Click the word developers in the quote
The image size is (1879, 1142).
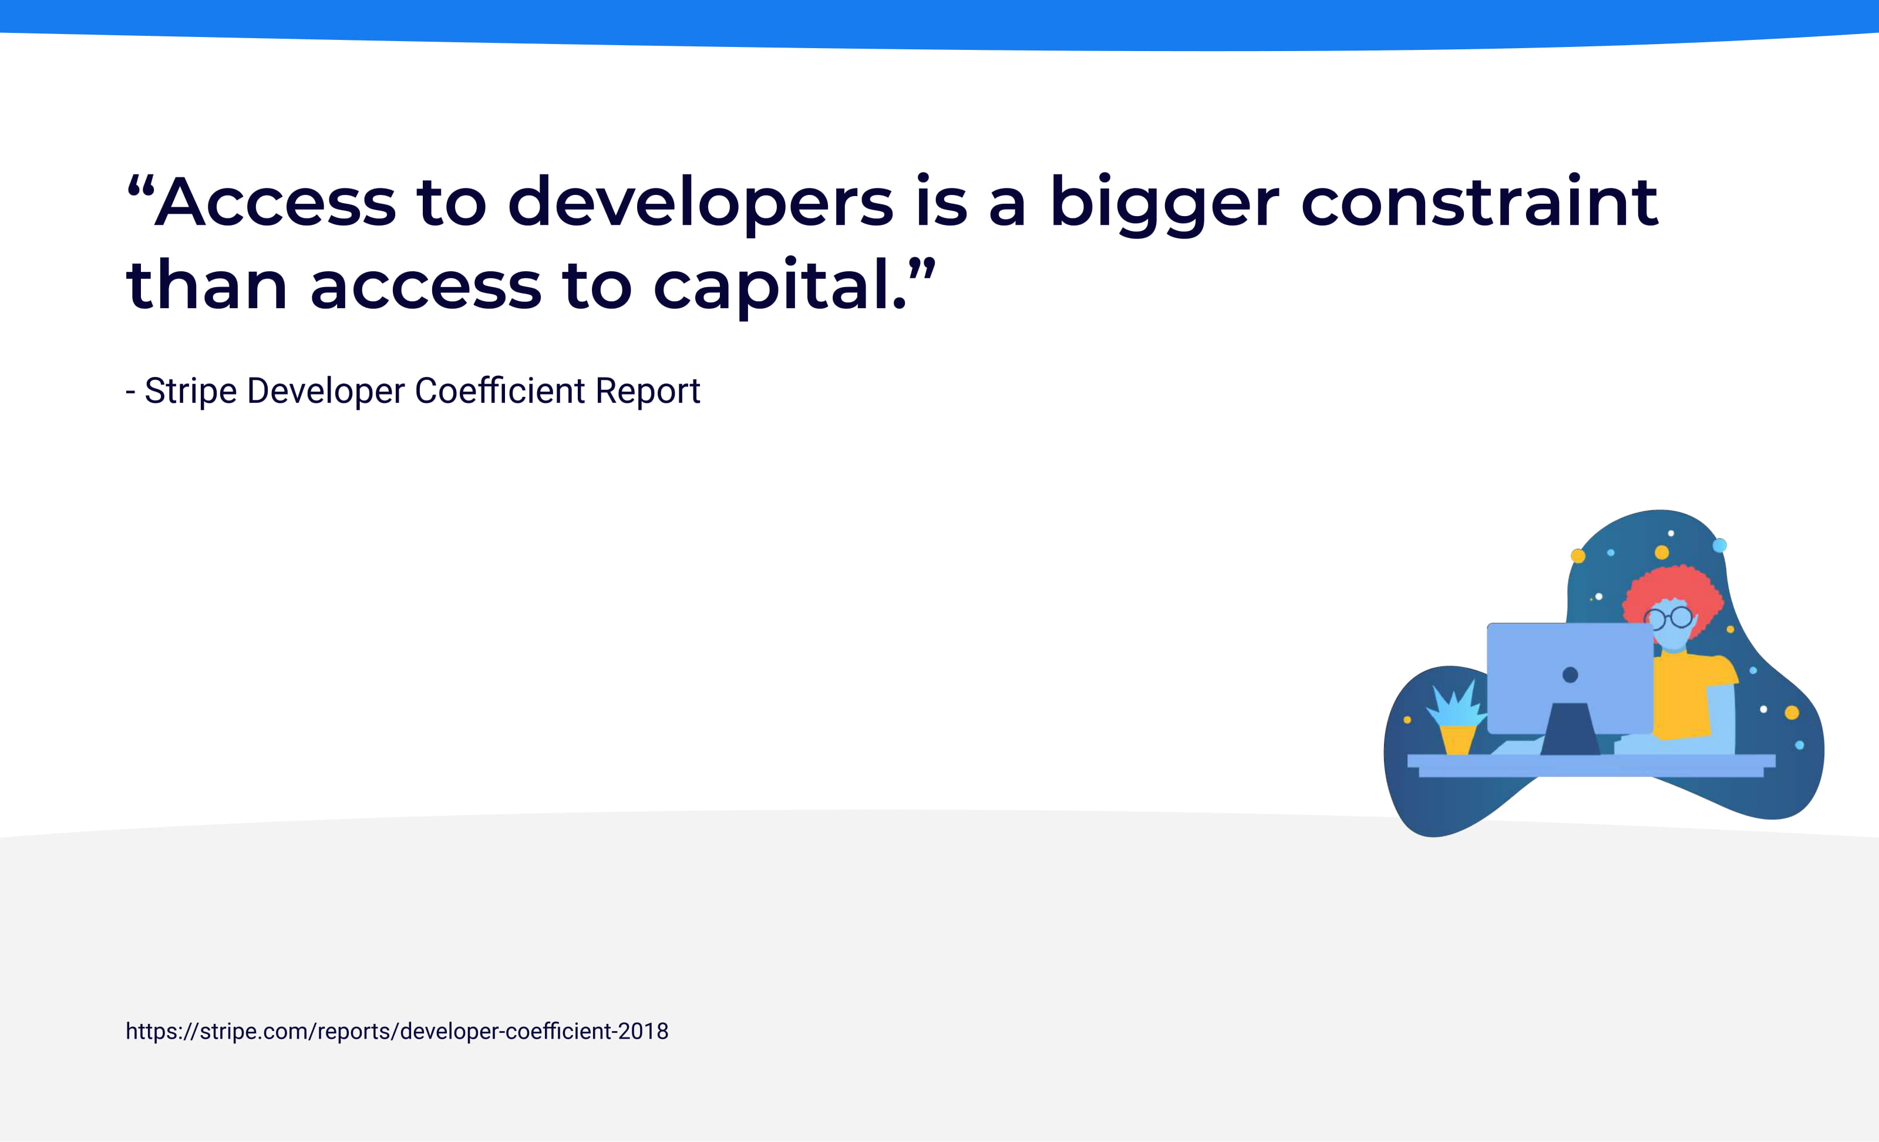click(700, 203)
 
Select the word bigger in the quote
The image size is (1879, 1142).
click(1164, 203)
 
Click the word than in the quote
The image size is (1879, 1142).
click(206, 285)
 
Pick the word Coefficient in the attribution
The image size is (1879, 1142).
click(500, 391)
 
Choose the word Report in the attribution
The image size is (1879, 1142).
click(648, 391)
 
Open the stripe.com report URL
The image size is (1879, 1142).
click(396, 1032)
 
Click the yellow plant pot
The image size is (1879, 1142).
click(1457, 739)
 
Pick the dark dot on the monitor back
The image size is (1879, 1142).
click(1570, 675)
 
